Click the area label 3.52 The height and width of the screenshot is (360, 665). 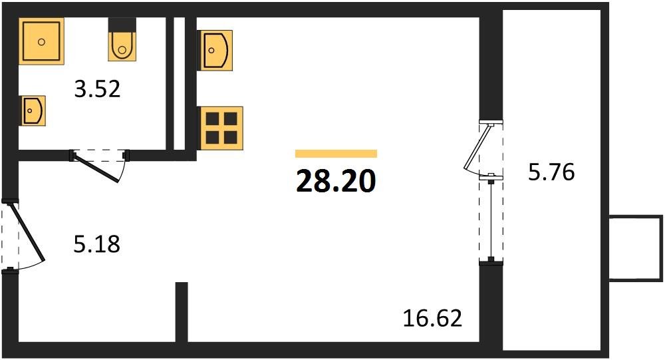tap(97, 89)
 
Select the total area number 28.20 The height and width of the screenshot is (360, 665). tap(336, 182)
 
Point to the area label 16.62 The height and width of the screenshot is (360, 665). tap(432, 319)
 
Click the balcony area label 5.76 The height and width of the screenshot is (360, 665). tap(551, 173)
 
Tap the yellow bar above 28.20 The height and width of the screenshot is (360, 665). tap(336, 154)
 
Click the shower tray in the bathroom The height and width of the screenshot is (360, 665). tap(41, 41)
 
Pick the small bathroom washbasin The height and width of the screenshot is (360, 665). tap(33, 110)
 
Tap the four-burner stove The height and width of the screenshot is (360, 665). tap(221, 128)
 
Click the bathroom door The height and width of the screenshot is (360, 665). tap(98, 166)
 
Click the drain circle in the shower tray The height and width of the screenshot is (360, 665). tap(41, 41)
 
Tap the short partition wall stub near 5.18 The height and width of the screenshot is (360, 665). tap(182, 311)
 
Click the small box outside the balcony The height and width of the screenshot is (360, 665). tap(636, 248)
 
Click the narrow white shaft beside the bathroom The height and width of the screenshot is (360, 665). tap(179, 83)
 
